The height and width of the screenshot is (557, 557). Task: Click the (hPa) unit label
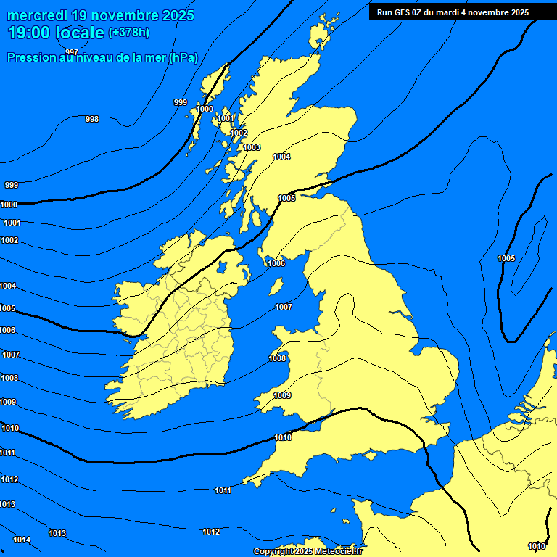point(183,58)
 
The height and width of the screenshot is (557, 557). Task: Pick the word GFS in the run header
point(405,12)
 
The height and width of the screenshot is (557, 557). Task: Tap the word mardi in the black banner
point(451,12)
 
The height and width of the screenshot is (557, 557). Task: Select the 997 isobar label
point(71,51)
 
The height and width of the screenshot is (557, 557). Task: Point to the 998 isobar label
point(92,119)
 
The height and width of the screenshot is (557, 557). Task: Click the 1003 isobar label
point(252,147)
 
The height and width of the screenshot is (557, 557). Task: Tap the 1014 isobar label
point(22,540)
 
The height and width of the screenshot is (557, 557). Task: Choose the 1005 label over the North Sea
point(506,258)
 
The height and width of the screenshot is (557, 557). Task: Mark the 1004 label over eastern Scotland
point(281,157)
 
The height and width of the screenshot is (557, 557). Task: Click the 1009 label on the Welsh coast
point(282,395)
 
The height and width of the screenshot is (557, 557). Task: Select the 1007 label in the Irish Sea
point(284,307)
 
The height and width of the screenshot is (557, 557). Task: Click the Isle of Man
point(276,286)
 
